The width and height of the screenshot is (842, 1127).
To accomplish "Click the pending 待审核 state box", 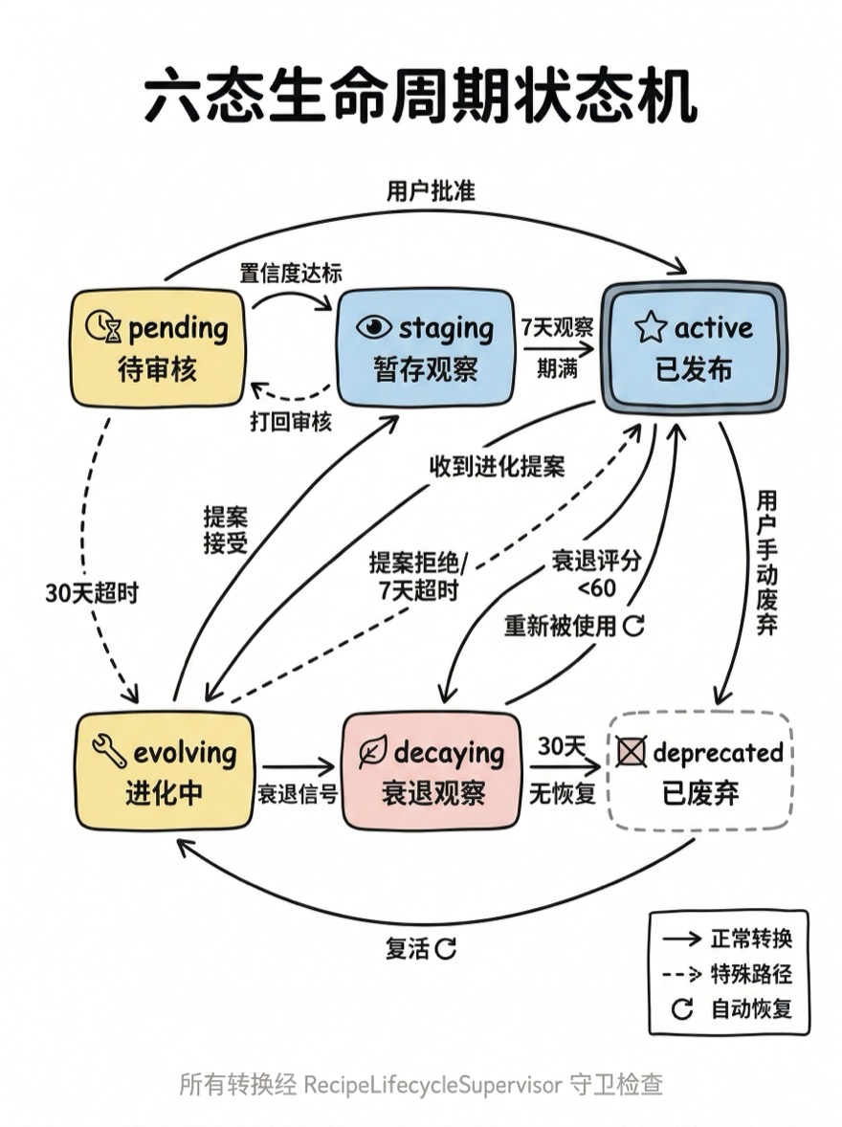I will tap(158, 348).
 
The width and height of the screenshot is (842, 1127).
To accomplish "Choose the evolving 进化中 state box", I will tap(165, 771).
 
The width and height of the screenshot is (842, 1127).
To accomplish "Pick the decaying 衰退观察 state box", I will tap(432, 771).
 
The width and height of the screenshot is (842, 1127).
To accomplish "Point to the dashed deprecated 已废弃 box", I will tap(700, 771).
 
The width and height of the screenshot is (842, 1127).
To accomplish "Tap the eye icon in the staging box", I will tap(374, 328).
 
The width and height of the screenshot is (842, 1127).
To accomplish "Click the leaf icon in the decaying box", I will tap(372, 753).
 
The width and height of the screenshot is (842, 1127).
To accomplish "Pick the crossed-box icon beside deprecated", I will tap(631, 753).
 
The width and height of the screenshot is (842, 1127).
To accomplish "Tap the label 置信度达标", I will tap(290, 273).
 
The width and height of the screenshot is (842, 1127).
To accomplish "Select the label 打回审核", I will tap(291, 422).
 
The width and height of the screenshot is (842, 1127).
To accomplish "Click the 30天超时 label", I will tap(92, 593).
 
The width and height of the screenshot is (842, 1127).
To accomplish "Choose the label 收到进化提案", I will tap(497, 467).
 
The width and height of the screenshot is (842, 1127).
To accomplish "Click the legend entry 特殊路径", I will tap(751, 974).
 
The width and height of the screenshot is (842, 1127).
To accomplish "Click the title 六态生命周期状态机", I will tap(421, 99).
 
